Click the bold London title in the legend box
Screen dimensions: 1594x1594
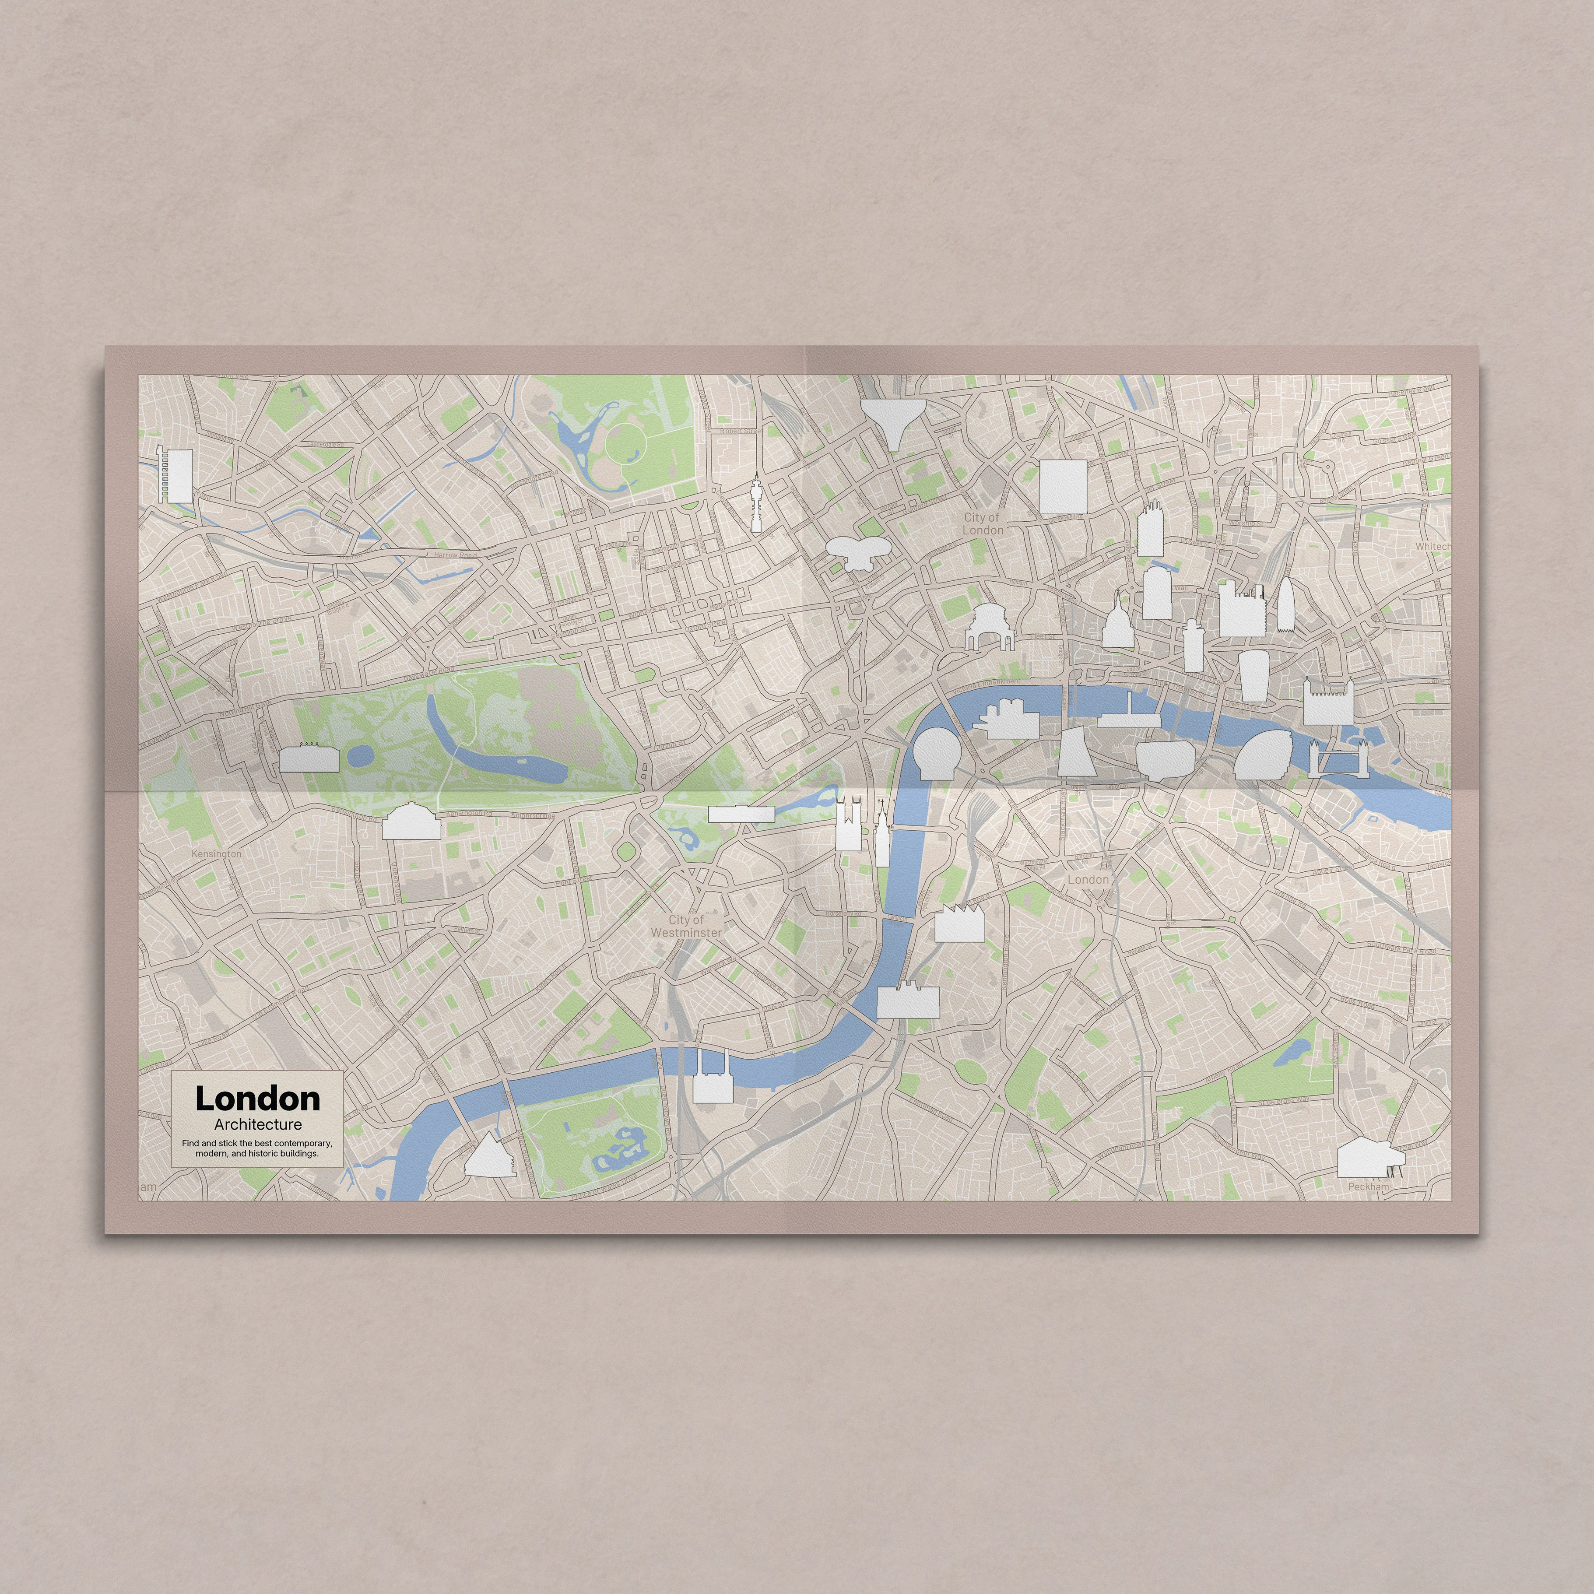tap(257, 1099)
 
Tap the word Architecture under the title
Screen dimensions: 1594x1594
tap(257, 1124)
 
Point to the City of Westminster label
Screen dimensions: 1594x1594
tap(686, 926)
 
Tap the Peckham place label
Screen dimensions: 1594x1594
tap(1368, 1187)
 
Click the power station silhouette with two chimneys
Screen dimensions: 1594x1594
tap(712, 1078)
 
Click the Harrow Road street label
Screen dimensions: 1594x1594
tap(455, 555)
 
